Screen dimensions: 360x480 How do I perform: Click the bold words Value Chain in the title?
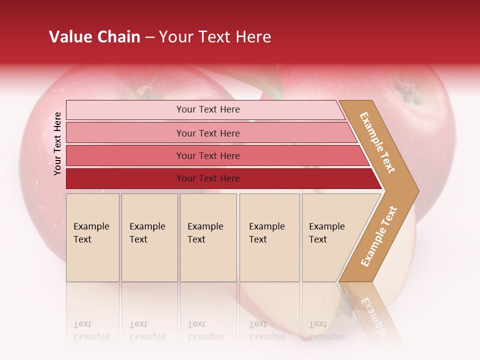[x=94, y=37]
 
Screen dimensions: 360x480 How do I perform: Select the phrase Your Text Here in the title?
[x=215, y=37]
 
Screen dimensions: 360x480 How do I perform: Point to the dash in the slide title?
[x=149, y=37]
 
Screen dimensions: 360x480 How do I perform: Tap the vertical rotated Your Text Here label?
[x=57, y=143]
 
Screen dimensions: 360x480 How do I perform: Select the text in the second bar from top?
[x=208, y=133]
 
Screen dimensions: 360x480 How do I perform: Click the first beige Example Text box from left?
[x=92, y=237]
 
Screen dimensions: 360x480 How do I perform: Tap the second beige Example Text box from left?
[x=149, y=237]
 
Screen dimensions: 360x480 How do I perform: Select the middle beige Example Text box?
[x=208, y=237]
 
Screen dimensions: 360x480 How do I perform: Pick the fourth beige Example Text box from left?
[x=269, y=237]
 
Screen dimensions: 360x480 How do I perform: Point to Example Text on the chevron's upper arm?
[x=377, y=142]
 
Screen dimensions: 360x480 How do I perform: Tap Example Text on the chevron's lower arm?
[x=379, y=236]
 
